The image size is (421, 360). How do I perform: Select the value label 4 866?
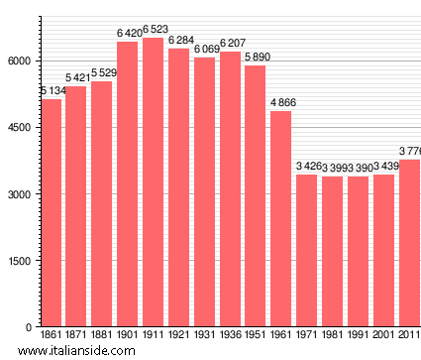[280, 103]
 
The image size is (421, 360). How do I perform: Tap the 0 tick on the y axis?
[31, 327]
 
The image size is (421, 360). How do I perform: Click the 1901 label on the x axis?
[128, 335]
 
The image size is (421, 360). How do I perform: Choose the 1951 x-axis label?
[256, 335]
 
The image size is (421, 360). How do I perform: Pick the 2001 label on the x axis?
[383, 335]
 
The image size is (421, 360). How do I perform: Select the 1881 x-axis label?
[102, 335]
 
